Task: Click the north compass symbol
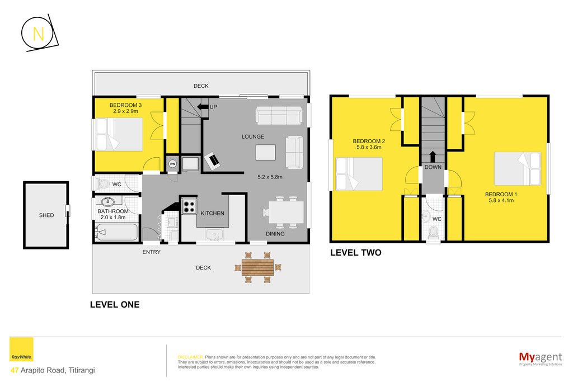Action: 39,34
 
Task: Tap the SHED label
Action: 46,215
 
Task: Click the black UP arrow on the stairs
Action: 202,107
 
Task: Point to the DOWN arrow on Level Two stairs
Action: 433,157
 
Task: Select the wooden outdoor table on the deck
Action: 257,267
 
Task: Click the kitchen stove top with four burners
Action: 189,206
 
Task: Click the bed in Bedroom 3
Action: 119,134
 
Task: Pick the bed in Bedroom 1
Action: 517,169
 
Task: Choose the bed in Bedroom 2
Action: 359,174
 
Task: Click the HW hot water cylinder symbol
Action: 172,164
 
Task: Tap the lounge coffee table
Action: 266,152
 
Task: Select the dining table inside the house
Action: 286,212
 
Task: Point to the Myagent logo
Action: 541,359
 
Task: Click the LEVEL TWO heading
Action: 355,253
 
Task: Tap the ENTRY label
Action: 151,252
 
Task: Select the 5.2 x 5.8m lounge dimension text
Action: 270,177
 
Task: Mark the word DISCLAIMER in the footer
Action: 190,357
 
